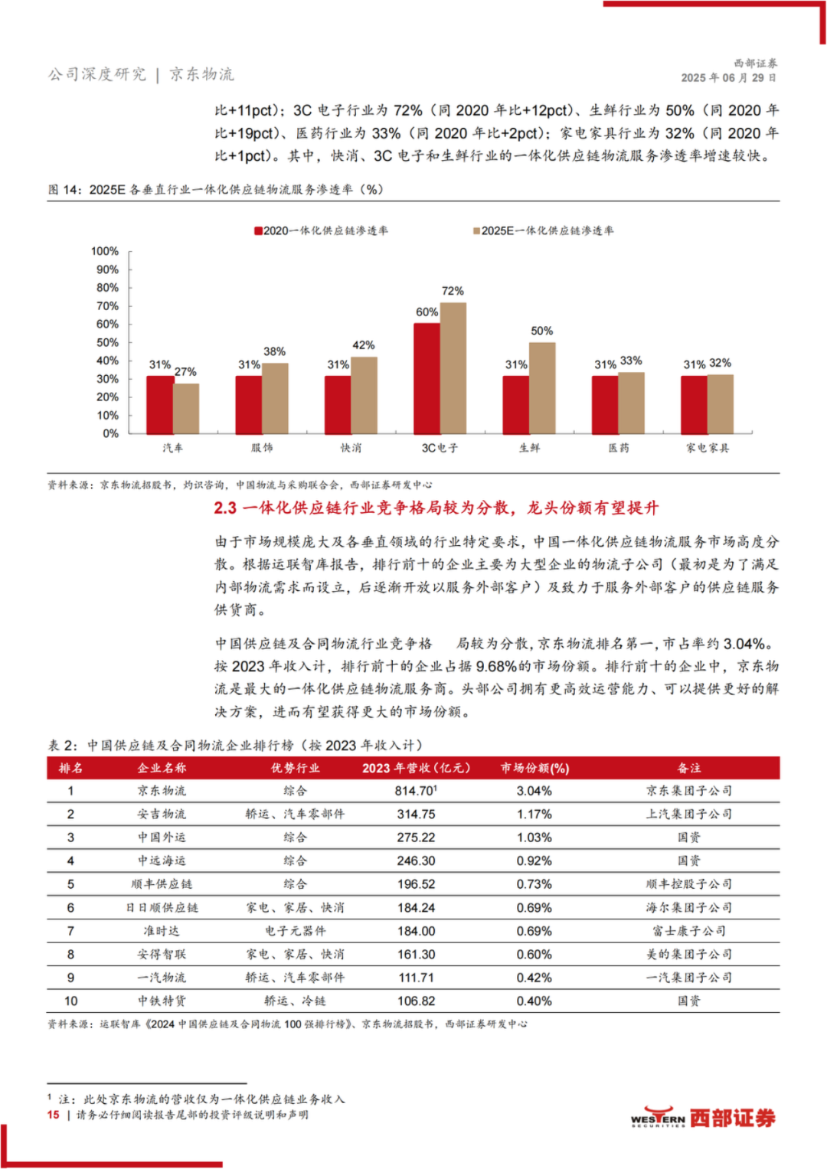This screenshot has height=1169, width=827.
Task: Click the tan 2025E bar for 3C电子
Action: tap(453, 368)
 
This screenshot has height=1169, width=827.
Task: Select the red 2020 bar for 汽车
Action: tap(160, 404)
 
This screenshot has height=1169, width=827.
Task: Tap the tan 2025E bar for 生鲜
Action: tap(542, 388)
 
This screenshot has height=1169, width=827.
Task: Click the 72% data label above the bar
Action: tap(453, 291)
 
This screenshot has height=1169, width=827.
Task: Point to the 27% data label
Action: tap(185, 371)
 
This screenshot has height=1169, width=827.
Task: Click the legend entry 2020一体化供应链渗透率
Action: tap(321, 230)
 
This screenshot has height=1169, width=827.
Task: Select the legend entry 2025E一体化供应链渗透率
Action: tap(544, 230)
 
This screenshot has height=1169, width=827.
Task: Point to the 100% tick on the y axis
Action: tap(105, 251)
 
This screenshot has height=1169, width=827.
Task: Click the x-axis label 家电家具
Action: tap(708, 448)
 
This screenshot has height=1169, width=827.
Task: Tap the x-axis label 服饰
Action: tap(262, 448)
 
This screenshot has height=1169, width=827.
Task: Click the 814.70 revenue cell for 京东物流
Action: tap(416, 791)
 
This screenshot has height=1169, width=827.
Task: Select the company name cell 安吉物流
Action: tap(162, 814)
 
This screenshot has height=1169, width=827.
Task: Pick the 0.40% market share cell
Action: tap(534, 1001)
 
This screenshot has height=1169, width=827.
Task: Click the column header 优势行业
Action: tap(295, 768)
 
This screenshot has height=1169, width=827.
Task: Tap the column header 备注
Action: tap(688, 768)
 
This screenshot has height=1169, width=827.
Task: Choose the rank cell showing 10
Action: tap(70, 1001)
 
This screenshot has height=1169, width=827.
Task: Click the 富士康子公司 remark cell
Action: tap(688, 931)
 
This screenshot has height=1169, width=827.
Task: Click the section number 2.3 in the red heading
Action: tap(225, 508)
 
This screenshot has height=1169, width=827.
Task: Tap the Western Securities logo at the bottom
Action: tap(703, 1118)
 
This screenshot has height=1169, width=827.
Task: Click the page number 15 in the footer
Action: tap(54, 1115)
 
